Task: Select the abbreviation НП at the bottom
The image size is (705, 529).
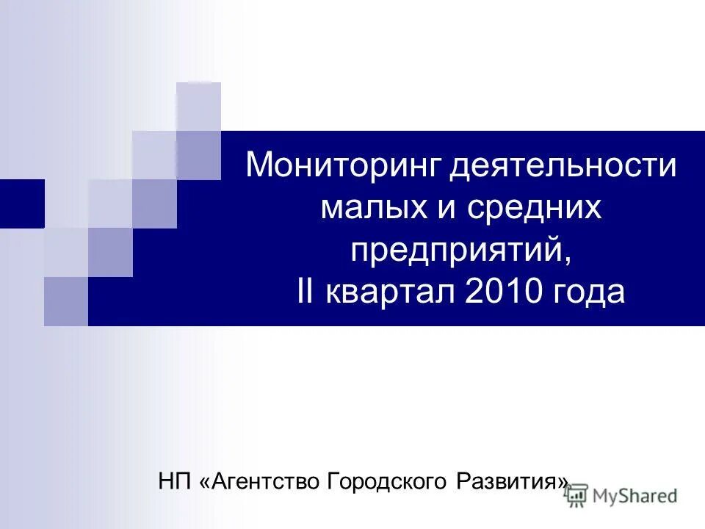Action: tap(174, 482)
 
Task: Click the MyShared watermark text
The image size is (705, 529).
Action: tap(635, 496)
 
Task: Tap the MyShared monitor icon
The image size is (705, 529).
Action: tap(576, 495)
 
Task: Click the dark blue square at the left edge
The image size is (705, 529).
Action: tap(21, 204)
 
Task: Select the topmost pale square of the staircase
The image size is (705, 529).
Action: tap(198, 106)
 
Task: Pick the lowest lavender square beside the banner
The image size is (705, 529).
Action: tap(65, 301)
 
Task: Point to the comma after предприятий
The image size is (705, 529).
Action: tap(566, 259)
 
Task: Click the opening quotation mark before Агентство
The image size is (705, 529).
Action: tap(204, 482)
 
